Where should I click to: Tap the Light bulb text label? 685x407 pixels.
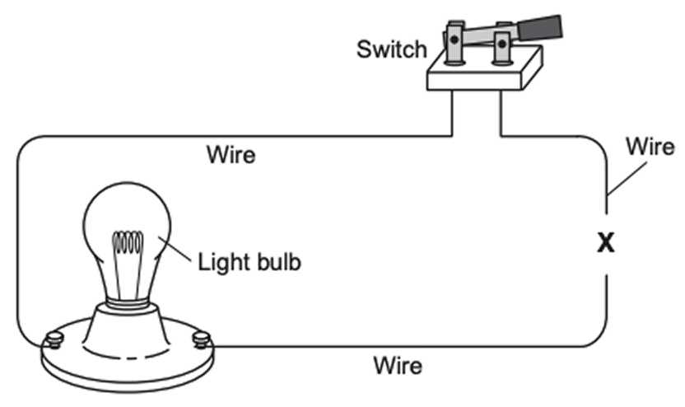click(x=249, y=263)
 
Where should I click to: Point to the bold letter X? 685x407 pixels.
click(x=607, y=245)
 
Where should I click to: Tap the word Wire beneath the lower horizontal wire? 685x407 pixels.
click(x=398, y=363)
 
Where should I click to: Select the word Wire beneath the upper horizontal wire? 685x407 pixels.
click(x=231, y=154)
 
